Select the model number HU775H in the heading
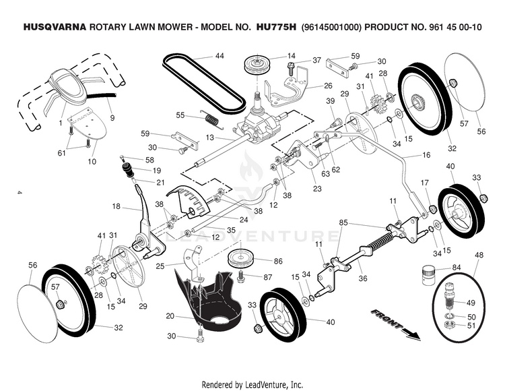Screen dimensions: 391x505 (273, 28)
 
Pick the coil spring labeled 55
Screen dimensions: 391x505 (213, 119)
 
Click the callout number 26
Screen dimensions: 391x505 (328, 86)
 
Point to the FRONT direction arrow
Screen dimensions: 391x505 (395, 322)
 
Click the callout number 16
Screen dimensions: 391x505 (426, 155)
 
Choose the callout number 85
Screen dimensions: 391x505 (343, 222)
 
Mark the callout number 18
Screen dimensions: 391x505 (116, 206)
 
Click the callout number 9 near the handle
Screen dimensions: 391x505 (112, 119)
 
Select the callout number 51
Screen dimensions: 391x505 (471, 326)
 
